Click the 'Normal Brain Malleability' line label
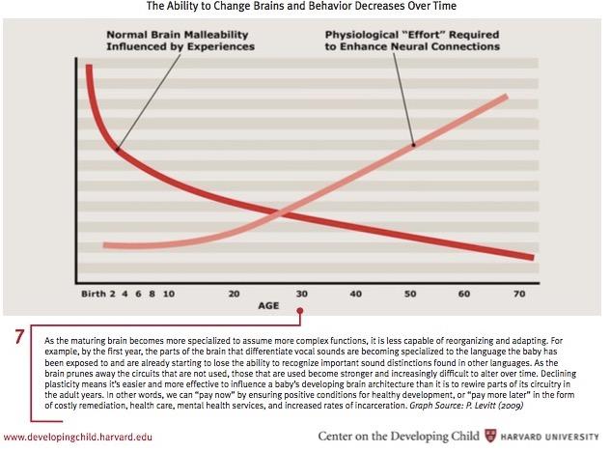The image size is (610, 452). pyautogui.click(x=176, y=41)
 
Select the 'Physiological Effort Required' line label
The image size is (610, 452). pyautogui.click(x=412, y=41)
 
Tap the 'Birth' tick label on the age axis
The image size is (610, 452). pyautogui.click(x=93, y=293)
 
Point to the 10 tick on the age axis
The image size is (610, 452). pyautogui.click(x=168, y=293)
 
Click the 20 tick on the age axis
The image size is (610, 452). pyautogui.click(x=234, y=293)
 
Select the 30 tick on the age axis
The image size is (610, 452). pyautogui.click(x=301, y=293)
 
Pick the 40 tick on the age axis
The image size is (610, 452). pyautogui.click(x=355, y=293)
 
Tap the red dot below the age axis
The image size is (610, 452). pyautogui.click(x=301, y=311)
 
